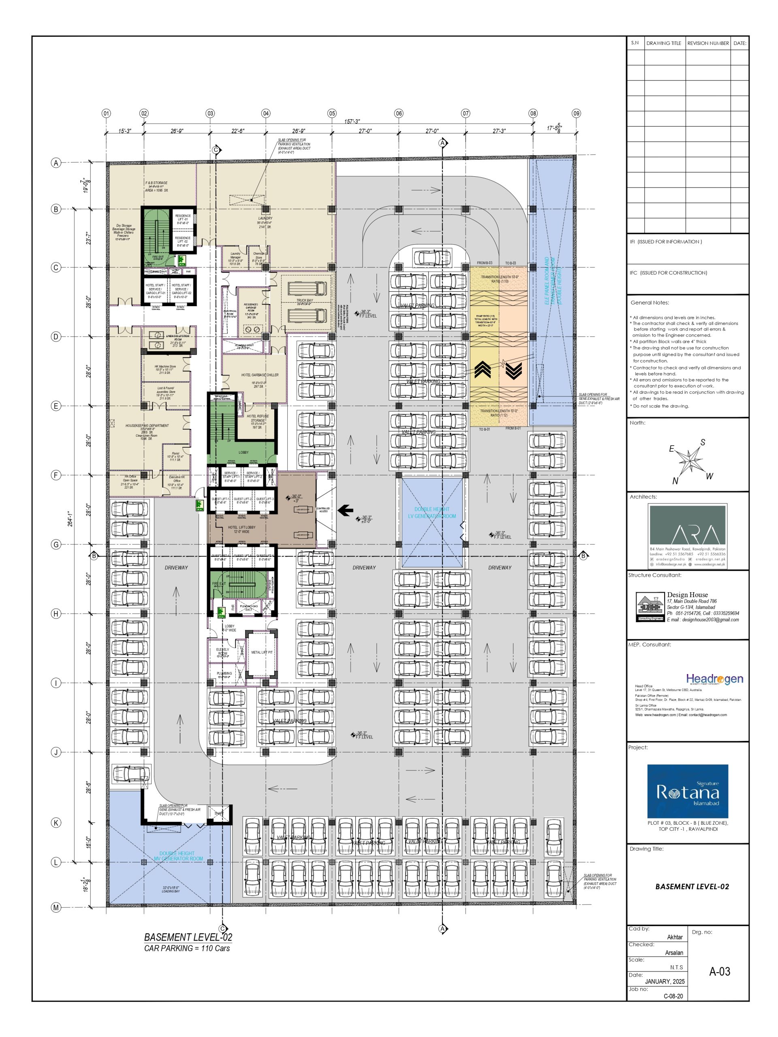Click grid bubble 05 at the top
coord(332,113)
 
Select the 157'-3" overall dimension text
coord(352,122)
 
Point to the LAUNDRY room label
coord(265,218)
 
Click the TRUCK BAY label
coord(304,301)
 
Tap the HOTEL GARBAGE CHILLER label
coord(260,375)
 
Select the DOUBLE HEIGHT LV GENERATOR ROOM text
coord(432,512)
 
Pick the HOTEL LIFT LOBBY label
coord(242,528)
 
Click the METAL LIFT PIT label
coord(262,653)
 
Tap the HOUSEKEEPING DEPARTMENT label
coord(147,426)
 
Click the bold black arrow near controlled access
coord(346,510)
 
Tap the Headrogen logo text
coord(714,679)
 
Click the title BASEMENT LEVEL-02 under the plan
coord(188,937)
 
